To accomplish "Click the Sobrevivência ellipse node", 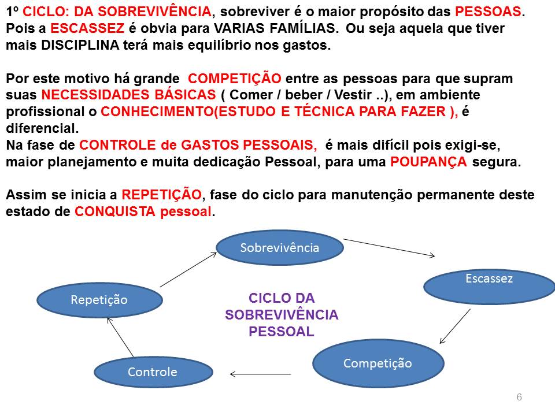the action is point(280,248).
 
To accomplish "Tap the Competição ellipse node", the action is point(378,363).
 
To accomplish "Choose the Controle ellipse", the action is point(153,372).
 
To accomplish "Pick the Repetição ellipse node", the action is point(99,299).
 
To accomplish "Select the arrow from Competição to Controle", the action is point(260,374).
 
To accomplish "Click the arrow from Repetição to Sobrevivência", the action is point(188,269).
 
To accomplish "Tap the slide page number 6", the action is point(519,397).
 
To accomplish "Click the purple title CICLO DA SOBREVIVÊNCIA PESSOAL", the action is point(282,315).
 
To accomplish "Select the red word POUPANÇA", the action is point(428,162).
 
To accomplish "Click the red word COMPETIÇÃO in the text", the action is point(235,79).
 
